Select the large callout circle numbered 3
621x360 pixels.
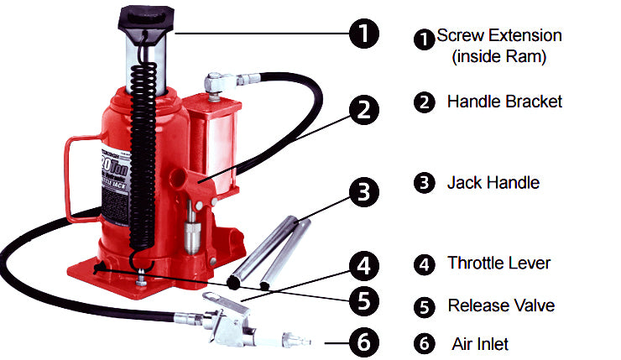tap(363, 191)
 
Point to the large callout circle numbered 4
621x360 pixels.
tap(363, 267)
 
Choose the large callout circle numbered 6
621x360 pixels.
tap(363, 342)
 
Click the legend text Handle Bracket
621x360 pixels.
tap(504, 102)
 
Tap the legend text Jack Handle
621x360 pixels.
tap(493, 181)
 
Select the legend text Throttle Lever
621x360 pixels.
tap(498, 263)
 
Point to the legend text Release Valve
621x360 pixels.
tap(501, 305)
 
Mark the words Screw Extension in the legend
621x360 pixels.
tap(499, 36)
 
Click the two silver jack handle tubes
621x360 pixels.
tap(272, 252)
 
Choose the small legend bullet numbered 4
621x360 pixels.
tap(425, 263)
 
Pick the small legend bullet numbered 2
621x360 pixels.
tap(425, 102)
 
